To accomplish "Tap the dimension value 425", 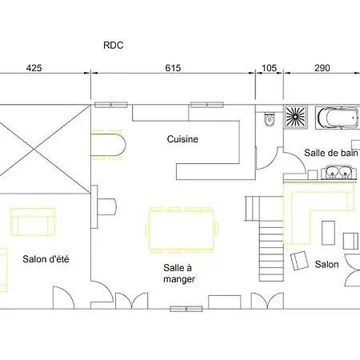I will (34, 68).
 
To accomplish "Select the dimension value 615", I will (173, 68).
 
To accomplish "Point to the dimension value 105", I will (269, 68).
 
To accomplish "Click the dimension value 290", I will (322, 68).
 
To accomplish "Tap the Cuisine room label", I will (182, 139).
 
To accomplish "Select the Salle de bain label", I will (330, 153).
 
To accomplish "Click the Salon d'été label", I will (44, 258).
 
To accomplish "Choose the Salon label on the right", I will (326, 264).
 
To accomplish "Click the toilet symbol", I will (269, 119).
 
